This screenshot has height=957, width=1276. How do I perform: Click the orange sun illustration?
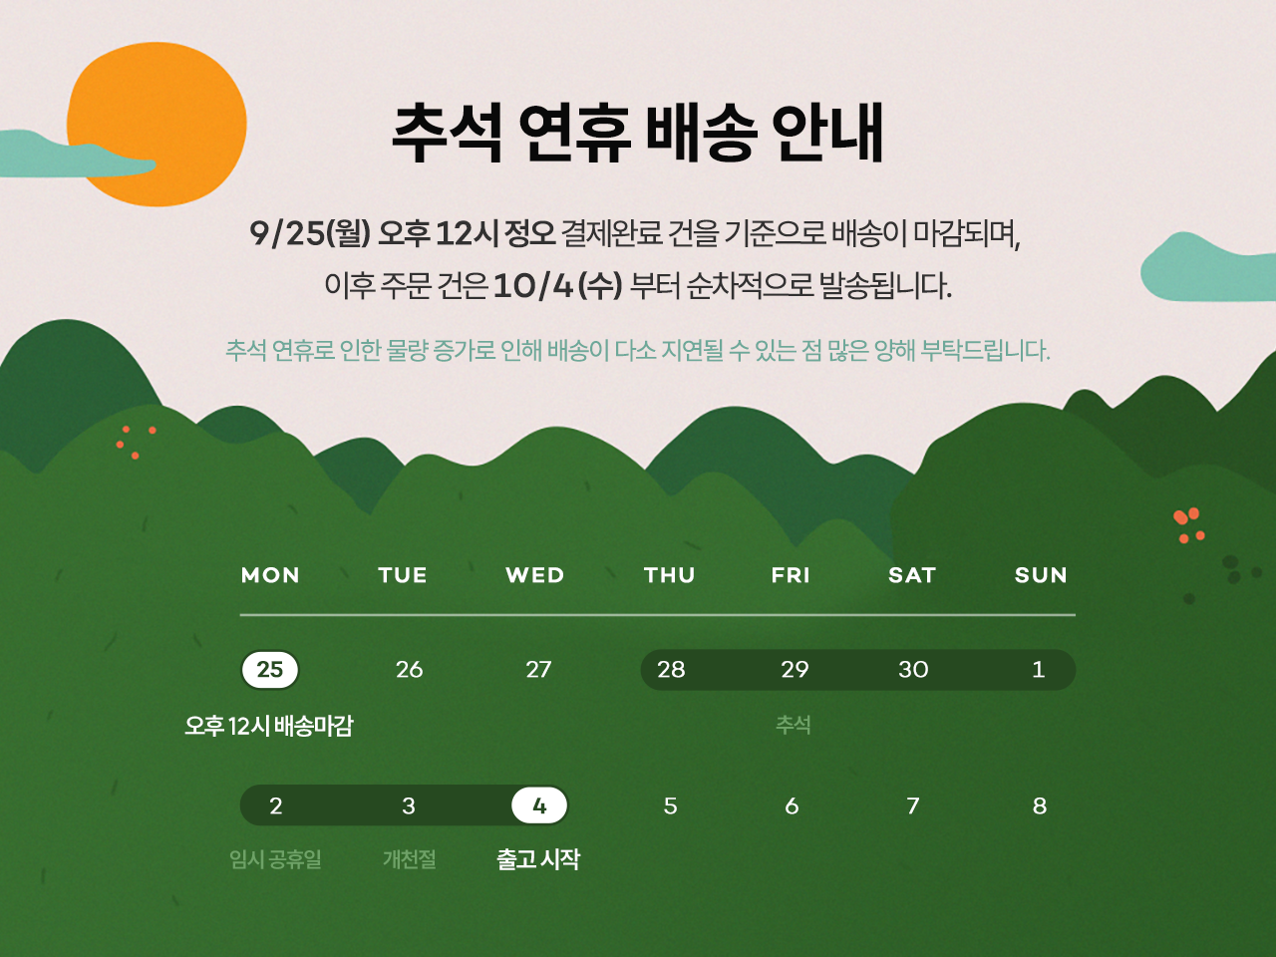[x=157, y=124]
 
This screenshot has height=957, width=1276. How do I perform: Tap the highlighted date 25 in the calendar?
[x=270, y=669]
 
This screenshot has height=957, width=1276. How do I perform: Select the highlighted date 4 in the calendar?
[x=539, y=805]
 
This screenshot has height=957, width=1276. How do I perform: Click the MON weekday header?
[x=270, y=575]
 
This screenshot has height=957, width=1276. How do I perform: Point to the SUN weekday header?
[x=1041, y=575]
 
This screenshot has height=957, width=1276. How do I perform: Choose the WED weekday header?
[x=534, y=575]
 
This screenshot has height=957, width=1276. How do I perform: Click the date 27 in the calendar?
[x=538, y=669]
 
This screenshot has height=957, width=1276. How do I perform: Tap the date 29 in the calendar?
[x=795, y=669]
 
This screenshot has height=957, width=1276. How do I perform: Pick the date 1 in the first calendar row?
[x=1038, y=669]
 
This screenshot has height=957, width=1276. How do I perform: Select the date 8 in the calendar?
[x=1040, y=805]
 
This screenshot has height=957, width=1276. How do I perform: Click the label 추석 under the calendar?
[x=794, y=725]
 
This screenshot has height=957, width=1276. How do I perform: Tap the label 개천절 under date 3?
[x=410, y=858]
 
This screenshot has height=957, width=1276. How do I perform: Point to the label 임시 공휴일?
[x=275, y=858]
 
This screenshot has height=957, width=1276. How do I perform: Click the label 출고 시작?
[x=538, y=858]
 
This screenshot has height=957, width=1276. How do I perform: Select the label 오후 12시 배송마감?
[x=268, y=725]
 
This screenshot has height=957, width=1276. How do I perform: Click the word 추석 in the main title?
[x=447, y=133]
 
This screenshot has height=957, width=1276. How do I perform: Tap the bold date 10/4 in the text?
[x=533, y=286]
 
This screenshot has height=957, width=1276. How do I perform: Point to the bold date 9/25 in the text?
[x=286, y=233]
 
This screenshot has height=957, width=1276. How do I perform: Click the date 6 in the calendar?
[x=792, y=805]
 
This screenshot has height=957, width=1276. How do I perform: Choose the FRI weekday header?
[x=791, y=575]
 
